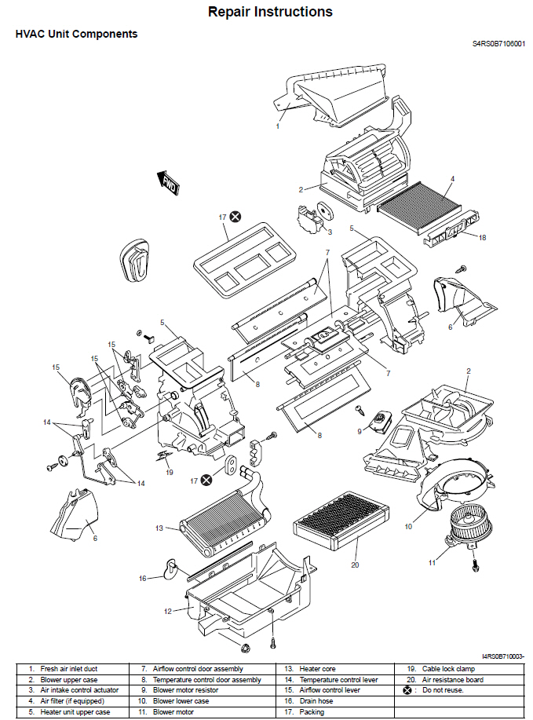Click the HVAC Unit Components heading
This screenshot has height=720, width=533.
tap(77, 35)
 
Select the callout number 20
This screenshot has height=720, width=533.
tap(354, 565)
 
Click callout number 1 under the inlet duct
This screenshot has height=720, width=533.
tap(277, 126)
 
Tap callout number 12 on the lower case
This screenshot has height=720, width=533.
tap(168, 609)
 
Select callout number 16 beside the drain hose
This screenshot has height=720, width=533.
tap(143, 579)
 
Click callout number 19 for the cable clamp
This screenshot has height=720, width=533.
tap(169, 472)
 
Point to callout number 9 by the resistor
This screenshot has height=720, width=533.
tap(360, 430)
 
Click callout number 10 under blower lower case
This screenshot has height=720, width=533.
tap(408, 526)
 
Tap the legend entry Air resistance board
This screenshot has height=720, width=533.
tap(453, 679)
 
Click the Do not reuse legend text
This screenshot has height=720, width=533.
tap(444, 690)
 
